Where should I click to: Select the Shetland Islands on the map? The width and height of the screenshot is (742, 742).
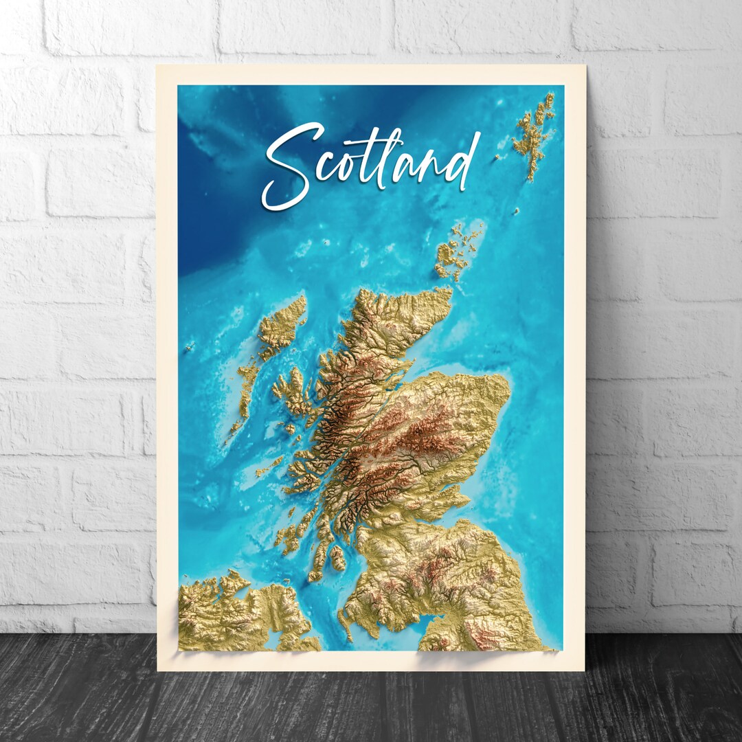click(535, 134)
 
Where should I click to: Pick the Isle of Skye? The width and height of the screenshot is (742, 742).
click(292, 392)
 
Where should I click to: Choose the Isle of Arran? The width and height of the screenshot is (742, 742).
click(338, 556)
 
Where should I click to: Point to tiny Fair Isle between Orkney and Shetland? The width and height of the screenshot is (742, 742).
click(515, 211)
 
